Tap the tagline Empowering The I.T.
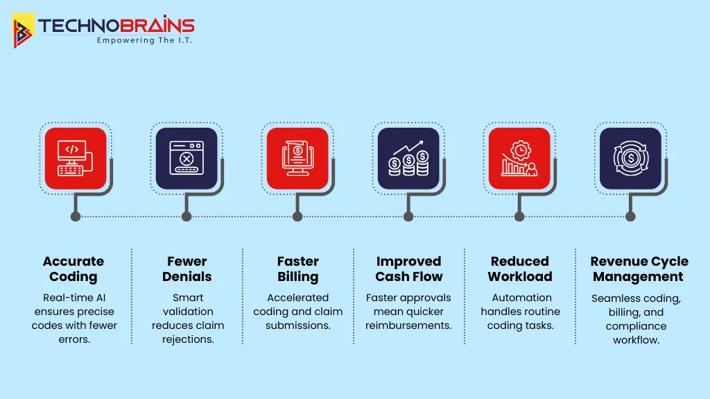[144, 40]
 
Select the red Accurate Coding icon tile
[76, 158]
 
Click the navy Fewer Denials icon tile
[187, 158]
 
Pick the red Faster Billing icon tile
[297, 158]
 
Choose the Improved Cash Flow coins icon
[408, 158]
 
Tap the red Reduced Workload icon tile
[519, 158]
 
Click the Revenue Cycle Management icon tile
[630, 158]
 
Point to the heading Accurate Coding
[73, 269]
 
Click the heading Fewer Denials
[187, 269]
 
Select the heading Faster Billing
[297, 269]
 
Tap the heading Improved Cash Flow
[408, 269]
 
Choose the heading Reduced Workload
[519, 269]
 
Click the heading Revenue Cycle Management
[639, 269]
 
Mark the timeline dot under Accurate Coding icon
[76, 217]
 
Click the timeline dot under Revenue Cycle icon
[630, 217]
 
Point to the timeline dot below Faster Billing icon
[297, 217]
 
